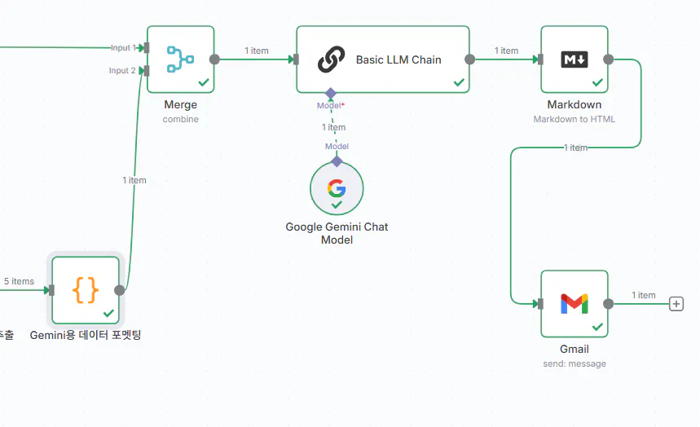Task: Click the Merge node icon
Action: (x=180, y=59)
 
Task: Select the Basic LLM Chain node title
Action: (x=398, y=59)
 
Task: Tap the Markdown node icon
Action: (x=574, y=59)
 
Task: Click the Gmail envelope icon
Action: (x=574, y=303)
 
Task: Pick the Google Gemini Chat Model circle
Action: (x=337, y=188)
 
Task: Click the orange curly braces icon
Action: (x=86, y=289)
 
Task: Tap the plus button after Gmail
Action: (x=676, y=304)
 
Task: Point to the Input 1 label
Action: (x=124, y=47)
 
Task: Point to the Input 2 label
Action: (x=122, y=71)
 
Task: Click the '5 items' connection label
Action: (x=18, y=282)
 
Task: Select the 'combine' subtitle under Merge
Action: (x=180, y=119)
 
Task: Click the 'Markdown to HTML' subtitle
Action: (x=574, y=119)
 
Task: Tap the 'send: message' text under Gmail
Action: (x=574, y=363)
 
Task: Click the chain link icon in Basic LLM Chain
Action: (x=330, y=59)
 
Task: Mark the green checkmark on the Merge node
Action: (x=203, y=82)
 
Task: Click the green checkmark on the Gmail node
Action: (x=597, y=327)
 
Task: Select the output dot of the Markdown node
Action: (x=608, y=59)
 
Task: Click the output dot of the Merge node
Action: (x=214, y=59)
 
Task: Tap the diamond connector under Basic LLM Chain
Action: (x=330, y=93)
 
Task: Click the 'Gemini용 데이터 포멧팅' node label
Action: (x=86, y=335)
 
